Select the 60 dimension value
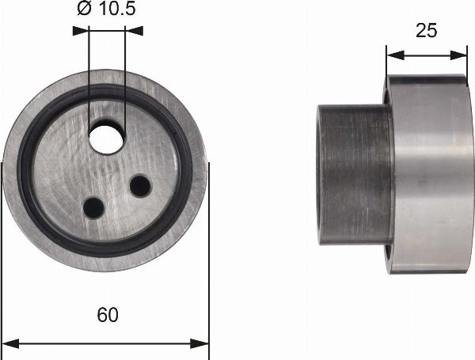(108, 315)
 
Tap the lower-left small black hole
(93, 207)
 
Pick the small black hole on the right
(140, 186)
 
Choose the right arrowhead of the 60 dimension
(203, 344)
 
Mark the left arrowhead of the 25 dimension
(393, 55)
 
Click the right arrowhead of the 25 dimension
(461, 55)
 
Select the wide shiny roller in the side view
(427, 174)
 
